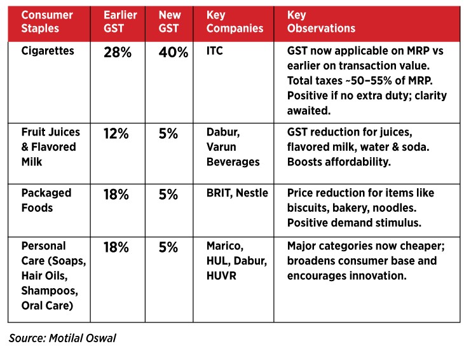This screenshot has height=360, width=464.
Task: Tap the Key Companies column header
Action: point(235,22)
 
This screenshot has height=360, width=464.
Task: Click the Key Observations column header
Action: point(321,22)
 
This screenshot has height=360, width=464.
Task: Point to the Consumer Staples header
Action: point(47,22)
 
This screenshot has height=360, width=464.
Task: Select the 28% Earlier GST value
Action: point(118,53)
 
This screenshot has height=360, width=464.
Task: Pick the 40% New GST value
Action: point(174,53)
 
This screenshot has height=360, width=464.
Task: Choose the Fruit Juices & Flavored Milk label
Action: point(51,147)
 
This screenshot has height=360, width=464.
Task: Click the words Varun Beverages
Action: point(233,155)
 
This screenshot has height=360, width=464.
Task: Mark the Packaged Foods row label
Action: point(46,200)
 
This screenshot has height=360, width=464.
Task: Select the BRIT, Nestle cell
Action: point(237,193)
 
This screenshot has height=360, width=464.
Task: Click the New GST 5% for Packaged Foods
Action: point(168,195)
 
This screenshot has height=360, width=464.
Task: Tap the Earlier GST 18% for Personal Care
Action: point(117,247)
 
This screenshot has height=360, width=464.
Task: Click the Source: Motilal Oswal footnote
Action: point(62,338)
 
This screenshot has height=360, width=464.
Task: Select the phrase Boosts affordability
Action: point(338,162)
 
